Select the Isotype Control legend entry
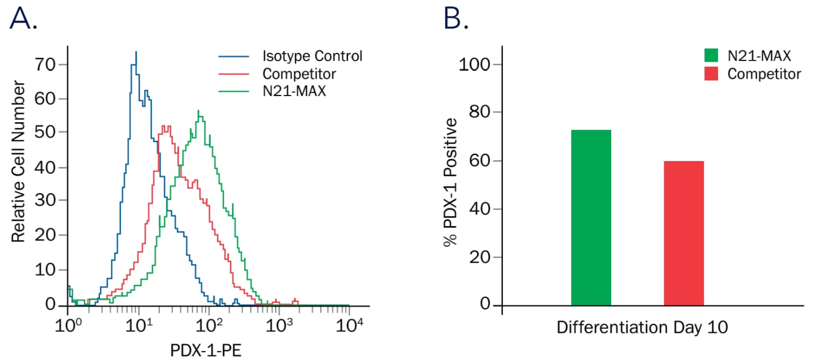312,57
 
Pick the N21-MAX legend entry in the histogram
294,91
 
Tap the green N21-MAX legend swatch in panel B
711,55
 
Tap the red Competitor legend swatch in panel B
711,74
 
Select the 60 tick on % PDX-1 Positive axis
480,161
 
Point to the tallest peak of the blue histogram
136,53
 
